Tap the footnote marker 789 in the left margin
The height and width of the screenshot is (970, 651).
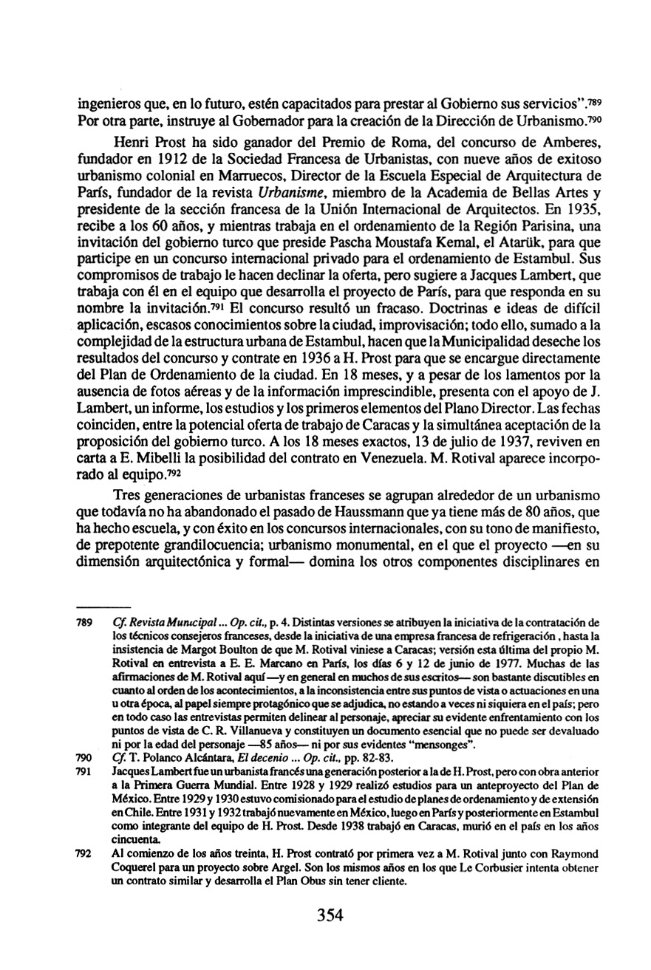click(85, 624)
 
